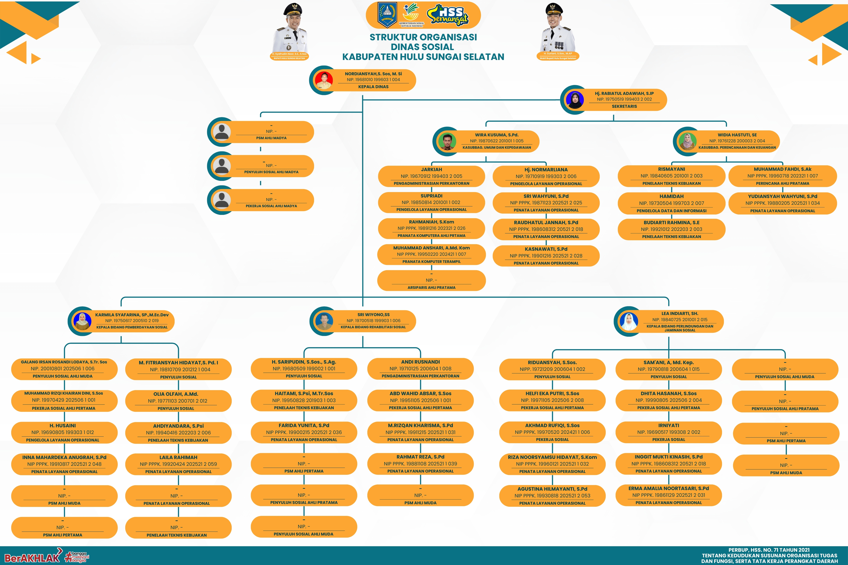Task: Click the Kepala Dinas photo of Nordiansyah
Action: [324, 80]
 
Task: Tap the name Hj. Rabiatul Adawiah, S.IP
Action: [624, 93]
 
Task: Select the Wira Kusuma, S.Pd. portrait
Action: [447, 141]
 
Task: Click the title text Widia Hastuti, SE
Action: [737, 135]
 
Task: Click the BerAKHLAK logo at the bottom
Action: [32, 558]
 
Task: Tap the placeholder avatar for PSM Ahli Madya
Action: [222, 132]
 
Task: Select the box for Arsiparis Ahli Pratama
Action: [431, 281]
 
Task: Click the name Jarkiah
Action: [431, 169]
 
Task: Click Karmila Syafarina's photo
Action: [82, 321]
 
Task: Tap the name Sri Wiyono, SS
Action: [373, 315]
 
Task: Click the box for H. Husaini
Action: [64, 432]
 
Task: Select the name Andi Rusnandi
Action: [420, 362]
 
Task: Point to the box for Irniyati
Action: [668, 432]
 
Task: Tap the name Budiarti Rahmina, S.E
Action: [671, 223]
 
